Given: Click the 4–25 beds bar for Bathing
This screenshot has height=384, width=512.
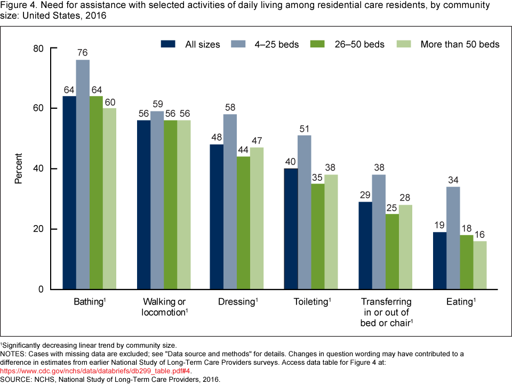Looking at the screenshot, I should (83, 174).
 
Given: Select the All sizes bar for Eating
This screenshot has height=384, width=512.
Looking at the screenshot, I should (440, 261).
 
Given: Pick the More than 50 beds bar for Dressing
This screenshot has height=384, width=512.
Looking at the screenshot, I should (257, 219).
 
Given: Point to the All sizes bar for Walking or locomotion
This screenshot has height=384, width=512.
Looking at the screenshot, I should (144, 205).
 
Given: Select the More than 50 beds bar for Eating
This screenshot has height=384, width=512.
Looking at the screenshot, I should (480, 265).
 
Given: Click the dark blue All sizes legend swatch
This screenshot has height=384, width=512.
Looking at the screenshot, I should (168, 44).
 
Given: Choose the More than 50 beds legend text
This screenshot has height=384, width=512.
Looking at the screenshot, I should (460, 44).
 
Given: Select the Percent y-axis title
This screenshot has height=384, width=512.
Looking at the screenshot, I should (19, 169).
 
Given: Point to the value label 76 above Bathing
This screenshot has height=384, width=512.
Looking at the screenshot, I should (82, 53).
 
